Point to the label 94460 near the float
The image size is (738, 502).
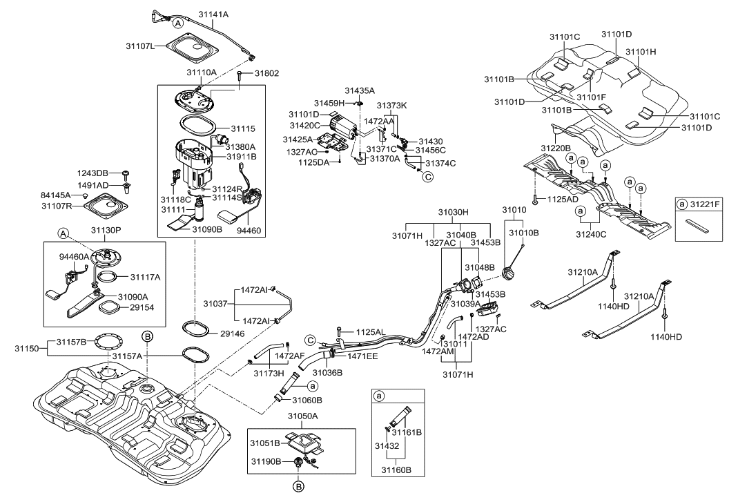249,231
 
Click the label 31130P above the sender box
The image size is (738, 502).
106,229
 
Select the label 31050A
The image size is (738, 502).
302,416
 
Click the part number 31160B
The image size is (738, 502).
398,470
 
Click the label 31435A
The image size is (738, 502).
360,90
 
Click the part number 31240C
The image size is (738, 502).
591,233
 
